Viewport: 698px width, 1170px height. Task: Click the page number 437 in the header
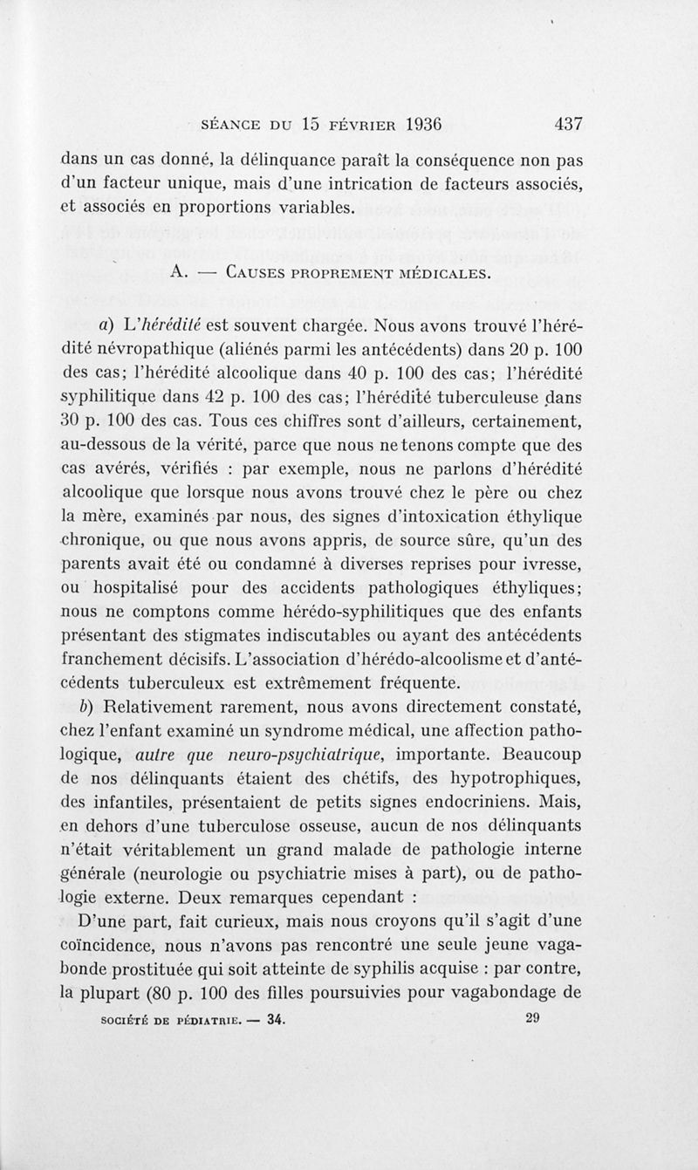click(568, 124)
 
